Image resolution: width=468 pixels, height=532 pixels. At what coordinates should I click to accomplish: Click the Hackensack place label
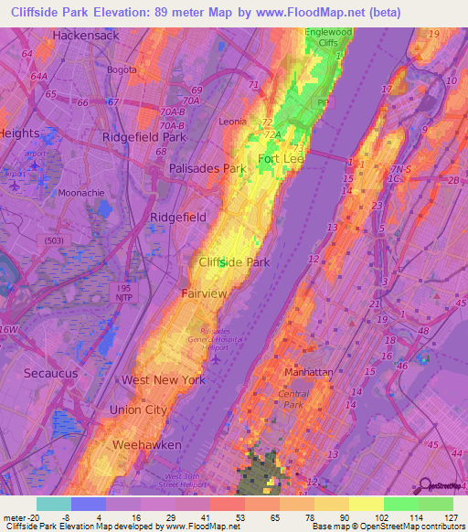click(x=86, y=35)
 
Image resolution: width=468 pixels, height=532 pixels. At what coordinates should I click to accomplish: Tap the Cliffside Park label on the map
click(x=234, y=262)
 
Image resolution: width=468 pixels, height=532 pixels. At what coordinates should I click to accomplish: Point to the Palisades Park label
click(x=208, y=169)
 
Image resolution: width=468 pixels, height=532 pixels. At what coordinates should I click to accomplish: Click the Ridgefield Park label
click(x=143, y=137)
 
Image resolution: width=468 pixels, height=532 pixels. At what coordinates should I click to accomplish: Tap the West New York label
click(x=164, y=379)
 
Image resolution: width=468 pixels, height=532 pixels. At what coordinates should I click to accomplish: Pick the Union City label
click(x=138, y=410)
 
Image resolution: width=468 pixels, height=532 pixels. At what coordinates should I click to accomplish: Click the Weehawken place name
click(x=146, y=444)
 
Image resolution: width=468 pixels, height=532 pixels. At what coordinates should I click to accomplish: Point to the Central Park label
click(x=293, y=398)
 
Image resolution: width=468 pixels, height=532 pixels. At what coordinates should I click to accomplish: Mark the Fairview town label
click(x=203, y=293)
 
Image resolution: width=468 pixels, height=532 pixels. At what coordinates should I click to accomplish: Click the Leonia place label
click(x=234, y=122)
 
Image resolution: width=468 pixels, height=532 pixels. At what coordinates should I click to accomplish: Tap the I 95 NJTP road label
click(x=122, y=293)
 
